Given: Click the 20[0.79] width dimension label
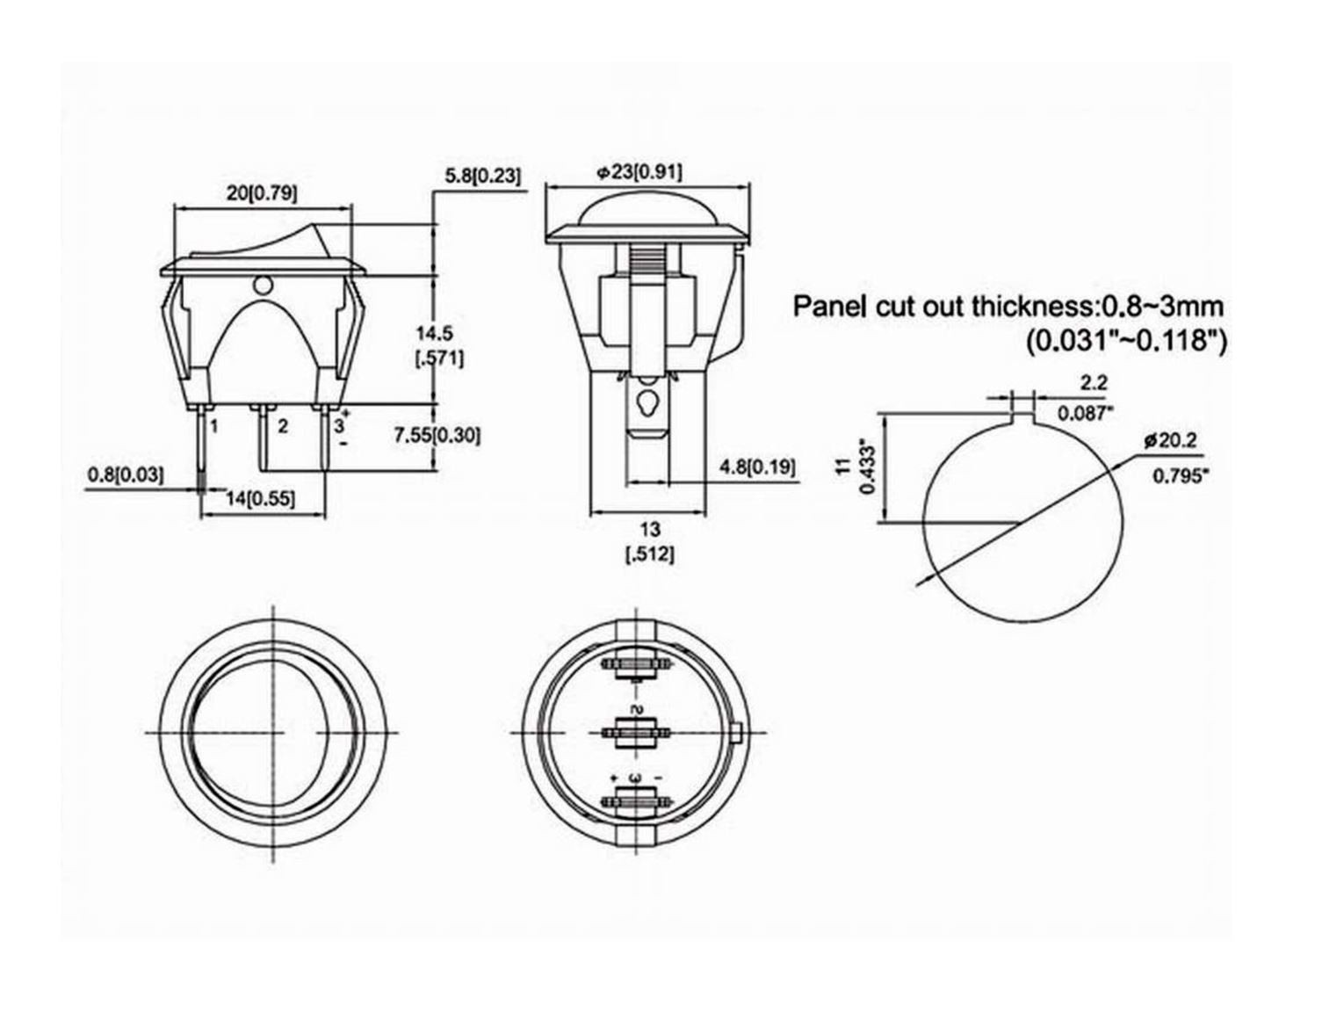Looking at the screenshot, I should point(262,192).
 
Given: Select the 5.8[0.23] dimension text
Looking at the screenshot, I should point(482,176).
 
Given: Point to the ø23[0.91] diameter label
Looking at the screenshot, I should point(639,172).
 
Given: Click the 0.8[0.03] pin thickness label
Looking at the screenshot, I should point(125,475).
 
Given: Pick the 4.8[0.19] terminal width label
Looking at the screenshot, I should point(757,467).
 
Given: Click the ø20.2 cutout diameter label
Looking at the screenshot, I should point(1170,441).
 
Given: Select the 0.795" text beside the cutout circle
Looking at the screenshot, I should point(1180,476).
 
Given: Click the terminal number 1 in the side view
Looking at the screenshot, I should point(213,427).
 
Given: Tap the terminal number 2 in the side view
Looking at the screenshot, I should point(282,427).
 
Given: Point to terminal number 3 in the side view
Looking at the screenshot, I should point(337,427).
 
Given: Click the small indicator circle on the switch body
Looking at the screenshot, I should point(261,285).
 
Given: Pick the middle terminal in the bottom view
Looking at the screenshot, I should point(632,731).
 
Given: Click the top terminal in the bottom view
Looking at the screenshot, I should point(632,666).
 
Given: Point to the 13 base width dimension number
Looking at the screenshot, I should point(649,529).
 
